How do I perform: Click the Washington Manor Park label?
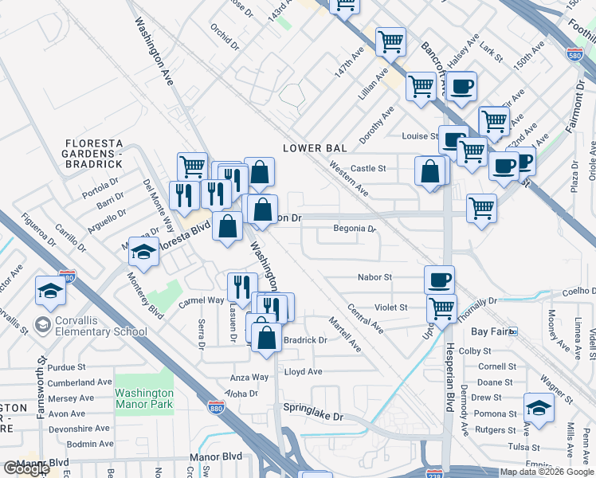[x=143, y=398]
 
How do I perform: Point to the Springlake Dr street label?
[x=313, y=416]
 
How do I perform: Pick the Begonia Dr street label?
[x=355, y=229]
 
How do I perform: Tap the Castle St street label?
[x=368, y=168]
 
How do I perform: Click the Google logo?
[x=26, y=468]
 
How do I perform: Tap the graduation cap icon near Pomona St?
[x=539, y=407]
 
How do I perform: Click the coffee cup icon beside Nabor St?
[x=439, y=280]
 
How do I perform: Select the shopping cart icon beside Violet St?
[x=441, y=308]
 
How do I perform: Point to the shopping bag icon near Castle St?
[x=429, y=172]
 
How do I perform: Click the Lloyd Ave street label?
[x=304, y=372]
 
